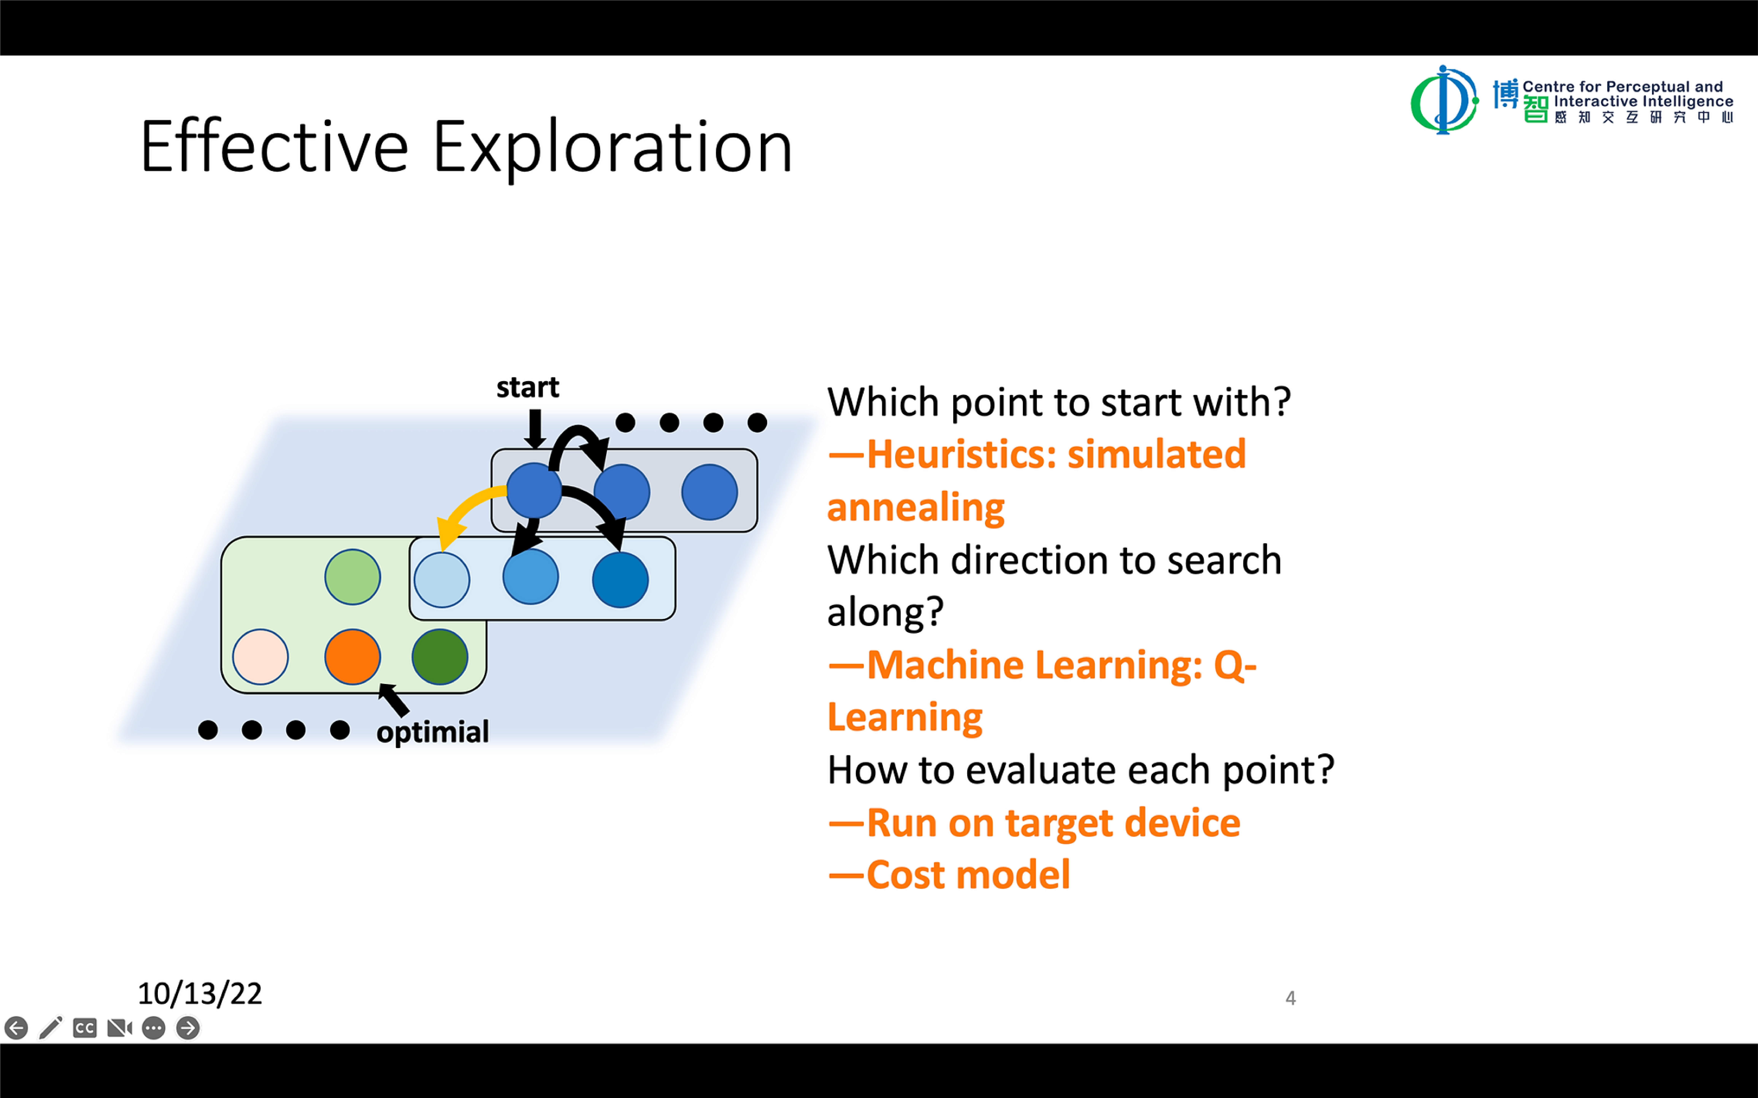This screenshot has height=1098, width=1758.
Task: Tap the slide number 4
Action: tap(1290, 998)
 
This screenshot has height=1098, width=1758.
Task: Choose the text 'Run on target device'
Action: tap(1053, 823)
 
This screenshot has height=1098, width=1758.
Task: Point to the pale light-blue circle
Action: tap(442, 579)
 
